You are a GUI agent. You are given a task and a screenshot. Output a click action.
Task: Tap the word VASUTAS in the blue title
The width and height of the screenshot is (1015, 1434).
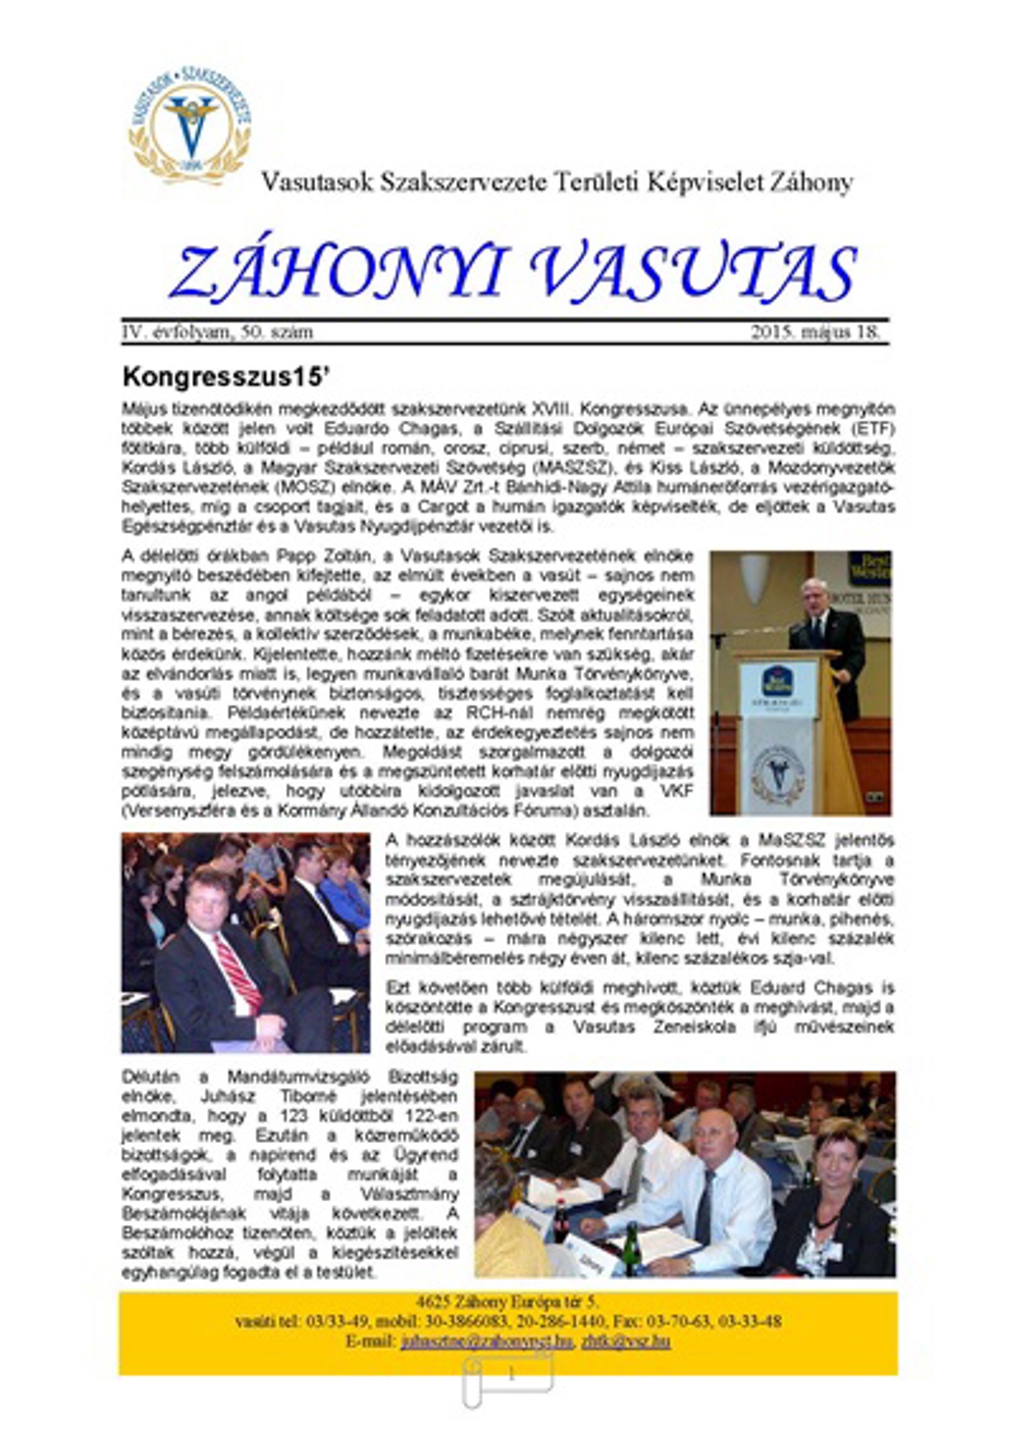pyautogui.click(x=694, y=272)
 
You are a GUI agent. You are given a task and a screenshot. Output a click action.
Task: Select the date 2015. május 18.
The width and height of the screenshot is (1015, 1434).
pyautogui.click(x=815, y=332)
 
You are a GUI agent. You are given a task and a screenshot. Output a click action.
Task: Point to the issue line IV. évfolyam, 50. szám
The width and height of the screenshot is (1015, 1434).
pyautogui.click(x=217, y=332)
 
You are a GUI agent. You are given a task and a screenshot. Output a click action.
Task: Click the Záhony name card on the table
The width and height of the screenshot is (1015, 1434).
pyautogui.click(x=591, y=1258)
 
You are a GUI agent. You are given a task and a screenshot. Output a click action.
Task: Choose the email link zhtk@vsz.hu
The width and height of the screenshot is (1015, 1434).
pyautogui.click(x=626, y=1342)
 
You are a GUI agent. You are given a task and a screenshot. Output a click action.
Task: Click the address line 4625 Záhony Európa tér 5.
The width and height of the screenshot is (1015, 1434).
pyautogui.click(x=507, y=1302)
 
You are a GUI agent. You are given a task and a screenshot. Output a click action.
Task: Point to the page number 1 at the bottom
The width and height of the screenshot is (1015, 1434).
pyautogui.click(x=510, y=1376)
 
